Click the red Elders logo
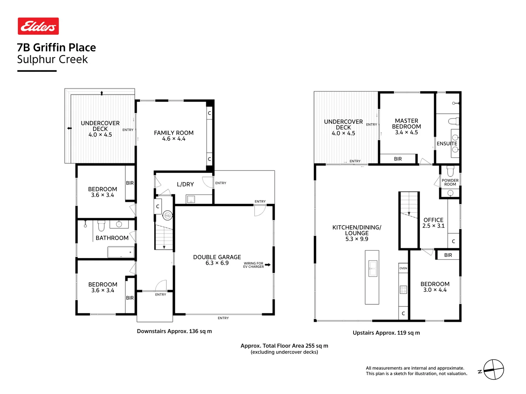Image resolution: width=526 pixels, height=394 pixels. (x=38, y=26)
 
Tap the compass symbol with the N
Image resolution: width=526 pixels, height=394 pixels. (x=493, y=370)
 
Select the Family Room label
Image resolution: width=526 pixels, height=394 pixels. (x=174, y=133)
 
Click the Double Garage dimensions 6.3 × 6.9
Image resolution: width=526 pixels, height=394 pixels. (x=217, y=263)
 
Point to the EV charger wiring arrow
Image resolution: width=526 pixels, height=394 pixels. (x=268, y=265)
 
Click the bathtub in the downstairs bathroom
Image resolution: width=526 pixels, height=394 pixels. (x=121, y=252)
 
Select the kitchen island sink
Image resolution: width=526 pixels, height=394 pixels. (x=373, y=269)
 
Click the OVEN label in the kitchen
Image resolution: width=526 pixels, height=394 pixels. (x=403, y=268)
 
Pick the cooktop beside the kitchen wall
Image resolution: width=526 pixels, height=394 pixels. (x=403, y=290)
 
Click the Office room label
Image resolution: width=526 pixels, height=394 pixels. (x=433, y=220)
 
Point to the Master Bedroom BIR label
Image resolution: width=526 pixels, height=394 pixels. (x=398, y=159)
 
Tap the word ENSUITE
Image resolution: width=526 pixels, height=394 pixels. (x=447, y=144)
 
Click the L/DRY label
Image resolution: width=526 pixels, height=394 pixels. (x=185, y=185)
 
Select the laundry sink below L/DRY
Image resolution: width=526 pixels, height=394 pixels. (x=191, y=199)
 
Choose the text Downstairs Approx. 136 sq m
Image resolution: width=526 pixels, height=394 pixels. (x=174, y=331)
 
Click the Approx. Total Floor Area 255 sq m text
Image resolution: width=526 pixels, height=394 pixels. (x=284, y=346)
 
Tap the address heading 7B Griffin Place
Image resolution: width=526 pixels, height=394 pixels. (x=57, y=48)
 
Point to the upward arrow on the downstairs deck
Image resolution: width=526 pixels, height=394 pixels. (x=102, y=93)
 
